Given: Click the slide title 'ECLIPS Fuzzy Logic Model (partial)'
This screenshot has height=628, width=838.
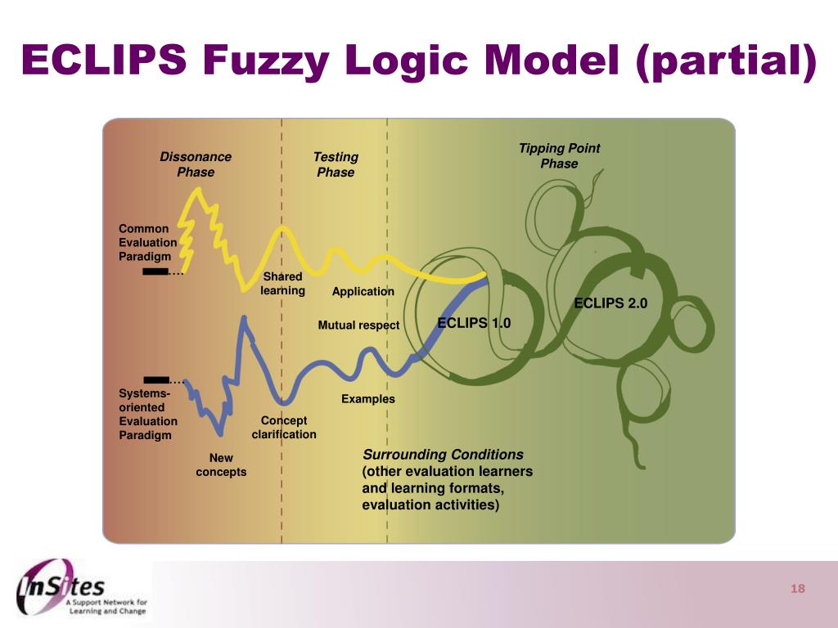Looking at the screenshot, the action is point(418,61).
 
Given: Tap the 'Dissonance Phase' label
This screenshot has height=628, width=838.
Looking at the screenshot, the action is point(196,164).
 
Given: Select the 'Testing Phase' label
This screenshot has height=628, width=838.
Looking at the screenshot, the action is point(336,164).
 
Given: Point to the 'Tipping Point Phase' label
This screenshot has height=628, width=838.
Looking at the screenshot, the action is point(559,155).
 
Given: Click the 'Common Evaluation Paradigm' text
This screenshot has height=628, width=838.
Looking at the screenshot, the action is point(147,243).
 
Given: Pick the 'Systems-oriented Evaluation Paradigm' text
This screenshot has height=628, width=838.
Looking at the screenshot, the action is point(147,414).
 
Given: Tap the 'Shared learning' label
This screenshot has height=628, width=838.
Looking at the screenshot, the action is point(282,284).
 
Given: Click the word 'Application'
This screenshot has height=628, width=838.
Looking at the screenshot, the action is point(363,292).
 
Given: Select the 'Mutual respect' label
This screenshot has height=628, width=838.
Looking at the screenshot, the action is point(358,325).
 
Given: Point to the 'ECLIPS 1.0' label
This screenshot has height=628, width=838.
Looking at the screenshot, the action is point(474,323).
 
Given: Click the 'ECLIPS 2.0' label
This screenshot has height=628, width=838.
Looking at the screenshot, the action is point(610,303).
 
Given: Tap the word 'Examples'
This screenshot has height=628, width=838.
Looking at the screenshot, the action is point(367,399).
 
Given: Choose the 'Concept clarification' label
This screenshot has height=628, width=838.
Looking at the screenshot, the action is point(284,428).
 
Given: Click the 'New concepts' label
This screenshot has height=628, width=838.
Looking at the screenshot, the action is point(221,465).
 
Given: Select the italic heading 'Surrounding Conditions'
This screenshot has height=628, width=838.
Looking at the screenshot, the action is point(443,455).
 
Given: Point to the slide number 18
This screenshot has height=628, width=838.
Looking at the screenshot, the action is point(798,590).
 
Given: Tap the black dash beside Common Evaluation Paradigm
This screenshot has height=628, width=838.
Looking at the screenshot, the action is point(155,271).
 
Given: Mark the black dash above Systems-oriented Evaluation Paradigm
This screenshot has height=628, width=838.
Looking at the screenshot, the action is point(155,379).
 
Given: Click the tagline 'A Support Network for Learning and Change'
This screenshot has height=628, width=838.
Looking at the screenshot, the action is point(106,606).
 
